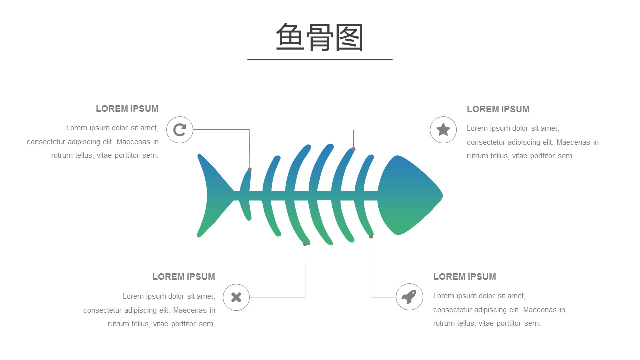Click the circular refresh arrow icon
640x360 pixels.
coord(180,130)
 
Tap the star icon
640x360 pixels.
coord(443,129)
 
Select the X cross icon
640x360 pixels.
coord(236,297)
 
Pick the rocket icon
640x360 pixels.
coord(409,297)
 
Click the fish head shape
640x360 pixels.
coord(410,195)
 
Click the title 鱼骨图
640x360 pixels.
coord(319,37)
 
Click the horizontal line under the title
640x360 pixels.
coord(320,59)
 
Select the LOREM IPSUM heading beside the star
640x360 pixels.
coord(498,109)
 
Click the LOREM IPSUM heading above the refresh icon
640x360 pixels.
coord(127,109)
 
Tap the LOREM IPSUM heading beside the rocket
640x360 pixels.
coord(465,277)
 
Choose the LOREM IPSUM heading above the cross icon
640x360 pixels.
coord(184,277)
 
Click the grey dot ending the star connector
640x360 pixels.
coord(353,149)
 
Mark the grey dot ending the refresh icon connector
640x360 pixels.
coord(250,169)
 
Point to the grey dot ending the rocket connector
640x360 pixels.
coord(371,236)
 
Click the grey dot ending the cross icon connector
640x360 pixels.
coord(305,244)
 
